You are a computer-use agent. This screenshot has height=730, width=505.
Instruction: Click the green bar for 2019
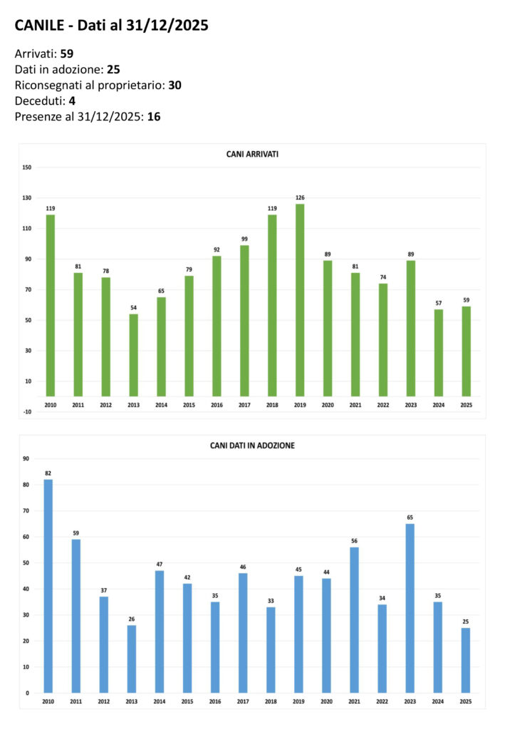coord(300,299)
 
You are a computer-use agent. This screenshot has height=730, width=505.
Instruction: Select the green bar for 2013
coord(133,355)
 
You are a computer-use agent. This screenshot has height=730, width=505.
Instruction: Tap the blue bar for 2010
coord(48,585)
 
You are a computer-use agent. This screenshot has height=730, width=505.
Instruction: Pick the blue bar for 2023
coord(410,607)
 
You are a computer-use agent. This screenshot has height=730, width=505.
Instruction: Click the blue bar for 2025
coord(465,659)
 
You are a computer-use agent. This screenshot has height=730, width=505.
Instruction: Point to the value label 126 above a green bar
coord(300,197)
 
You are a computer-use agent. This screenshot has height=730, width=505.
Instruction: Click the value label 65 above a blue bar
coord(410,516)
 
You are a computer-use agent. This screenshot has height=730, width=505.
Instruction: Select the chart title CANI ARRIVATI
coord(252,154)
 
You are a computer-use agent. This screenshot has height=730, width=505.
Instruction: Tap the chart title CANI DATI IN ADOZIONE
coord(252,446)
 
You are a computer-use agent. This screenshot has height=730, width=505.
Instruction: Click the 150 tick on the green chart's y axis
coord(27,168)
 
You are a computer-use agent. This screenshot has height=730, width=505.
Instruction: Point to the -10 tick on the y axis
coord(27,411)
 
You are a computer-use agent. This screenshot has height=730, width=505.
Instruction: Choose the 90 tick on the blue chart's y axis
coord(26,458)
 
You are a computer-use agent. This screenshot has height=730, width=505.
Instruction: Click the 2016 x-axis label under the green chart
coord(217,406)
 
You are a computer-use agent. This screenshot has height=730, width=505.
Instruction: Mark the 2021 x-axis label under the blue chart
coord(354,702)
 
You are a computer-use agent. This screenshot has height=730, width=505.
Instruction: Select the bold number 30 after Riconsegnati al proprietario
coord(175,85)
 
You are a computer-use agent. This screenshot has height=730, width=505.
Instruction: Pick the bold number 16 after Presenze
coord(154,116)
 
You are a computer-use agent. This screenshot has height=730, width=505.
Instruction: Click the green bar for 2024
coord(439,352)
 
